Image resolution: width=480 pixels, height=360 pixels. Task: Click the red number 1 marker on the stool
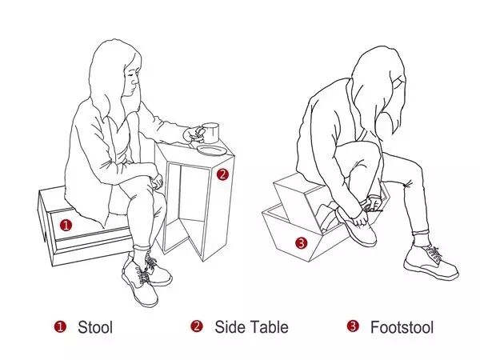(66, 226)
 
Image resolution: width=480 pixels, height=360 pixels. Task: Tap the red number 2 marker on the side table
(222, 174)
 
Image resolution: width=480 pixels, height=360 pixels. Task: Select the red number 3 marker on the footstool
(302, 243)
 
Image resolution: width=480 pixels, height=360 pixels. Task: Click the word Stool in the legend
(95, 327)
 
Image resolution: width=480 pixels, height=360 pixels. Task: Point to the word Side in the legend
(230, 327)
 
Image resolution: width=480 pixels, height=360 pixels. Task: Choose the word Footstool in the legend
(402, 327)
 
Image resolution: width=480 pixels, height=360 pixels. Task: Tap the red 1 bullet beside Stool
(60, 326)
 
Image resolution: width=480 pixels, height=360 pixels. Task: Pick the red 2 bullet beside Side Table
(197, 326)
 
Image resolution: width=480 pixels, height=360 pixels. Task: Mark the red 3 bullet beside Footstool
(353, 326)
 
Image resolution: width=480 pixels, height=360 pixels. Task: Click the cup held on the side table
(210, 133)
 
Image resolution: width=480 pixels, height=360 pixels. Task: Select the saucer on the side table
(212, 150)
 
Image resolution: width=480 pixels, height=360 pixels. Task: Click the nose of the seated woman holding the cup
(135, 81)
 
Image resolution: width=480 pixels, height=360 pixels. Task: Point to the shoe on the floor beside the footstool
(430, 262)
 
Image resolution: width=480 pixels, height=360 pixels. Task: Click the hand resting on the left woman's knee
(156, 182)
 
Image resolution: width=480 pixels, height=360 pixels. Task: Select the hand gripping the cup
(194, 134)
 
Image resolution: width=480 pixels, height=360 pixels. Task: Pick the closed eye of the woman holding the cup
(130, 74)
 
